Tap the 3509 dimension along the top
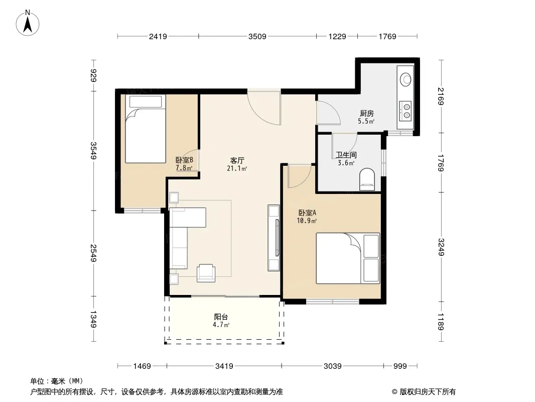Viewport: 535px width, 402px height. coord(257,36)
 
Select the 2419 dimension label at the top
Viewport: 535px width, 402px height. coord(158,36)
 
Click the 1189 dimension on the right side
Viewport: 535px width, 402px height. coord(441,322)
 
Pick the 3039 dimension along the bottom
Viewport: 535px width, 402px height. coord(333,366)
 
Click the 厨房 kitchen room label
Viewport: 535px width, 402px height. coord(367,113)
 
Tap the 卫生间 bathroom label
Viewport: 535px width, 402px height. coord(346,155)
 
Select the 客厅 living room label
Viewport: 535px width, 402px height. coord(237,160)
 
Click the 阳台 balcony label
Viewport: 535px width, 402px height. coord(221,317)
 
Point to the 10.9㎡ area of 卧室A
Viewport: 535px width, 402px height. coord(307,221)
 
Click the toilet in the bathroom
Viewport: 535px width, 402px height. coord(367,179)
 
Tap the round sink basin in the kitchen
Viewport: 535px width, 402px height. coord(406,78)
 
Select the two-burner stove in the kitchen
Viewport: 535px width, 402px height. coord(406,111)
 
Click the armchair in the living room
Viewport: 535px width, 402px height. coord(206,273)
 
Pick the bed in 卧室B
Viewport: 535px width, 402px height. coord(146,129)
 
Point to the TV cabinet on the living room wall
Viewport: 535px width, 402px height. coord(274,238)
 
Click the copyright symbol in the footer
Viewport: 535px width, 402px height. coord(394,392)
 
